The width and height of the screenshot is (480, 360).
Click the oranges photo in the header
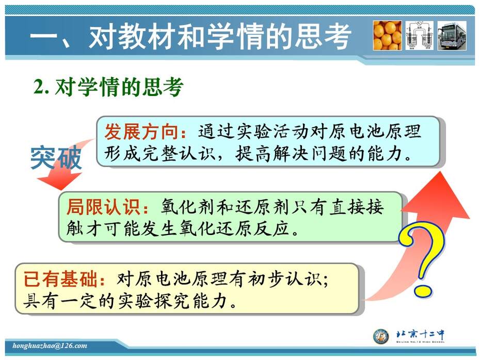387,36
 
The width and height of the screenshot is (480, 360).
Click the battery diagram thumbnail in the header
419,36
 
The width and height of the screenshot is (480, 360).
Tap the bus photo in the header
452,36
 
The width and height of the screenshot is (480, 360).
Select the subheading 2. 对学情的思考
108,87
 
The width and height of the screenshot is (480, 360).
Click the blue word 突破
56,158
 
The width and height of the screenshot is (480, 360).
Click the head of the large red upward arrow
438,196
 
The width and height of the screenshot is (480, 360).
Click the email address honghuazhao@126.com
50,346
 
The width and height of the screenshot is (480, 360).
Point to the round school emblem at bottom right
381,336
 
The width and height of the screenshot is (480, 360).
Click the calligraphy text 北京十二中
420,334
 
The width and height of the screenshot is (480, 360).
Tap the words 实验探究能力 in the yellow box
173,301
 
